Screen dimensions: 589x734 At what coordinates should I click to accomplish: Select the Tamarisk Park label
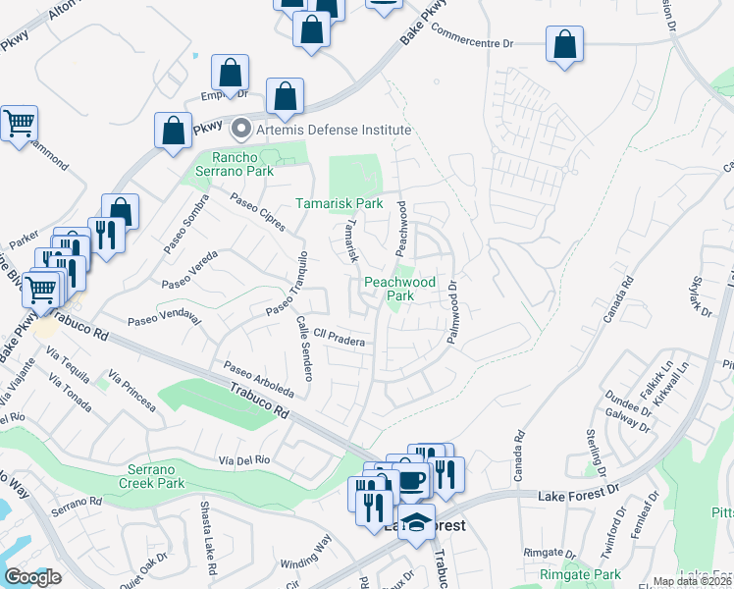click(340, 203)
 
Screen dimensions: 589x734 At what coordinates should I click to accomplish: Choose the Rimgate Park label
click(579, 574)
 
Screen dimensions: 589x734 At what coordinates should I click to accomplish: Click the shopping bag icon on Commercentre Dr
click(564, 45)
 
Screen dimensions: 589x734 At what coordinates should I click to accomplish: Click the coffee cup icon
click(411, 480)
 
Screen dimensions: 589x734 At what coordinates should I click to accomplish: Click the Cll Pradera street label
click(340, 340)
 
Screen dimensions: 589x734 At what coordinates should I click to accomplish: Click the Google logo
click(32, 577)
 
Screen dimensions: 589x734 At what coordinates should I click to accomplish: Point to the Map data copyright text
click(692, 581)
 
